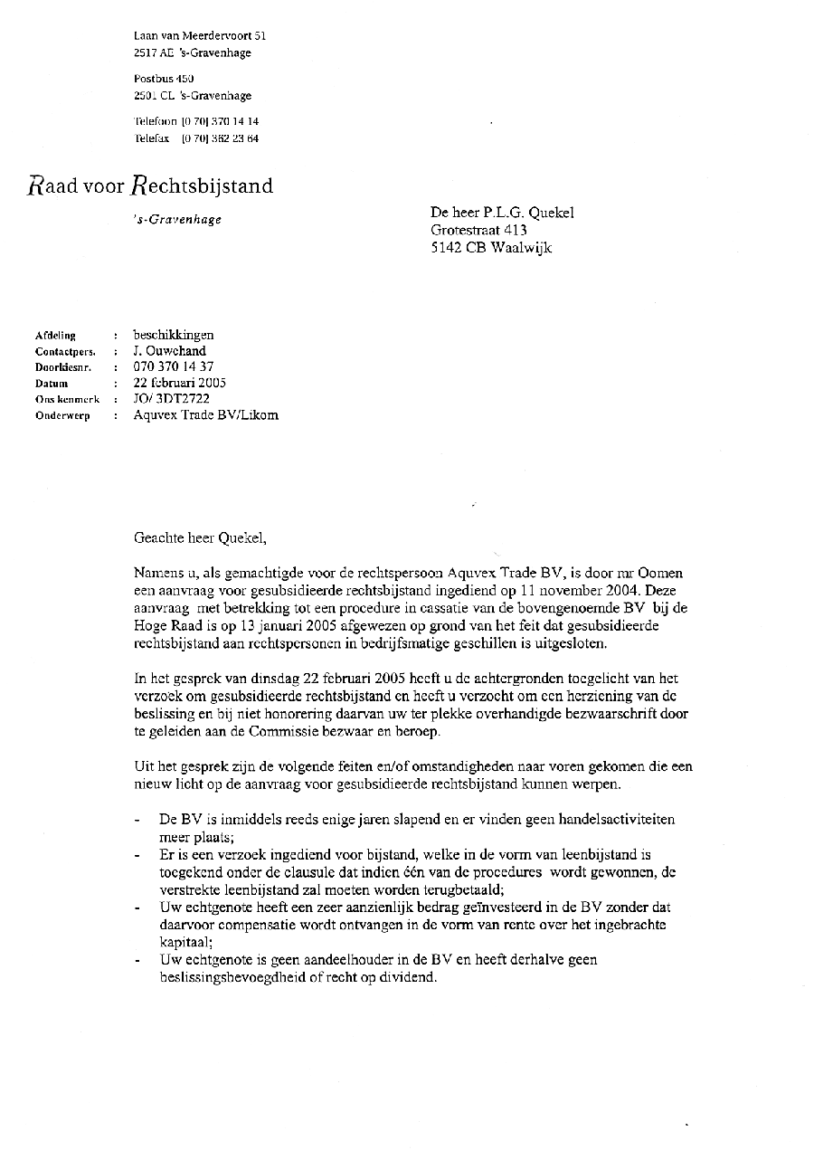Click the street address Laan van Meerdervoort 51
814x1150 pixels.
click(199, 36)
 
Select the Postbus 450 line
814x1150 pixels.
click(164, 79)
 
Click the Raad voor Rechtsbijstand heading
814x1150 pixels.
click(150, 186)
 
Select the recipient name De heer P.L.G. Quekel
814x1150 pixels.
click(502, 214)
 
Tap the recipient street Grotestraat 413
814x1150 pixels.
click(478, 231)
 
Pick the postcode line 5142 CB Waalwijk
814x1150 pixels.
click(491, 248)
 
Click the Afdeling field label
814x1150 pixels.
click(55, 336)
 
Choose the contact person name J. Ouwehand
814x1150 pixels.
click(170, 351)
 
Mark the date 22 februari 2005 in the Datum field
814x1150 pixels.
click(179, 383)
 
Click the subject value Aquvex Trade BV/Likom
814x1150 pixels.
click(205, 415)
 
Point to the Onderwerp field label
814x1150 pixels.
click(62, 416)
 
